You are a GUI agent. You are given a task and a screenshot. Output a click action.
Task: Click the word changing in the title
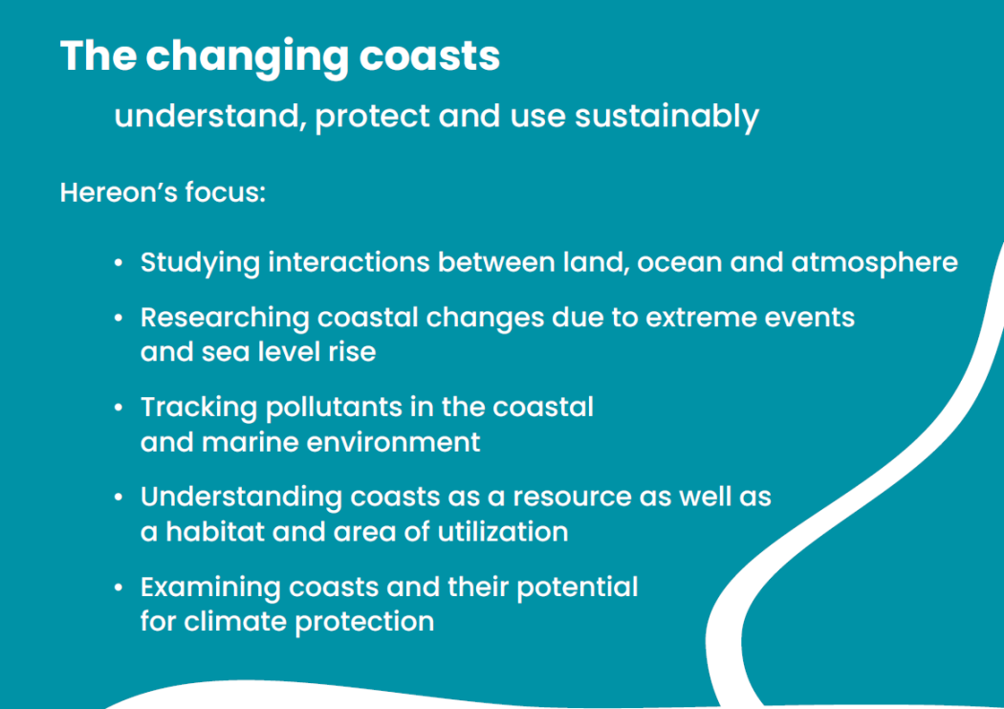tap(247, 57)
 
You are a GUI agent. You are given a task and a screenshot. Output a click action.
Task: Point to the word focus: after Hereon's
tap(226, 192)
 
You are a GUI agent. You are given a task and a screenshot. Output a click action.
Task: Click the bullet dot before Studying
tap(118, 262)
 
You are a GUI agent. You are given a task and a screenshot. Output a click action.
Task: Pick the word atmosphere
tap(875, 263)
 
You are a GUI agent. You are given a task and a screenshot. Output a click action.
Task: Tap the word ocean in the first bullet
tap(679, 263)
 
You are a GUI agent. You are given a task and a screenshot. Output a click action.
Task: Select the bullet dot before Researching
tap(118, 318)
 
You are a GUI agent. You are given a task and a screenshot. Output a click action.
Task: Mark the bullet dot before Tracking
tap(118, 408)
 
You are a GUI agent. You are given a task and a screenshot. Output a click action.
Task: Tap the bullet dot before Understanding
tap(118, 497)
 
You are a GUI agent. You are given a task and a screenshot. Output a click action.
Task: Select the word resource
tap(573, 498)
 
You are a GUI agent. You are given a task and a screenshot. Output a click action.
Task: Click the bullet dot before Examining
tap(118, 587)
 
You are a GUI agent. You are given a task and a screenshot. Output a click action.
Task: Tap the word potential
tap(578, 588)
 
